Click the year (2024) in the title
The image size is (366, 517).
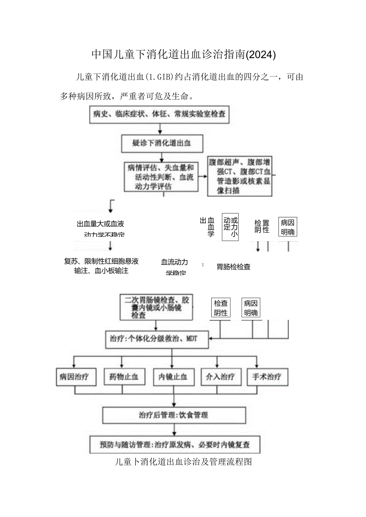point(261,54)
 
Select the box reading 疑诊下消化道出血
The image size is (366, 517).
point(162,143)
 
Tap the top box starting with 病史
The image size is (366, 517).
point(159,114)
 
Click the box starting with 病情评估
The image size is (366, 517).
point(161,177)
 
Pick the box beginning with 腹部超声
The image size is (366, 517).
point(240,176)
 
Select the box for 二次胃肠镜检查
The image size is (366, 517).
point(156,307)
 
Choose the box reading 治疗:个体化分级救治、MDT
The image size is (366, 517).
point(157,339)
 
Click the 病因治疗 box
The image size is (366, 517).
point(76,377)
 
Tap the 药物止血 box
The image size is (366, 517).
point(123,377)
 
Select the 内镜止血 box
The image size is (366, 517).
point(173,377)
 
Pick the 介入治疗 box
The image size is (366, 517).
point(221,377)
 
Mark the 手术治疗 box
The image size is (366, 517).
point(267,377)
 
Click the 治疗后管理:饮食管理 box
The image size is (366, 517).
point(174,415)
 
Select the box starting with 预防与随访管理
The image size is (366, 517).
point(175,444)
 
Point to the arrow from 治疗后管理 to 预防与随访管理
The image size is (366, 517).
point(174,430)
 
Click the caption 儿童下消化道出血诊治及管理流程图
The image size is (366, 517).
point(183,462)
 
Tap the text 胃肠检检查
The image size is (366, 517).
point(234,267)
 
